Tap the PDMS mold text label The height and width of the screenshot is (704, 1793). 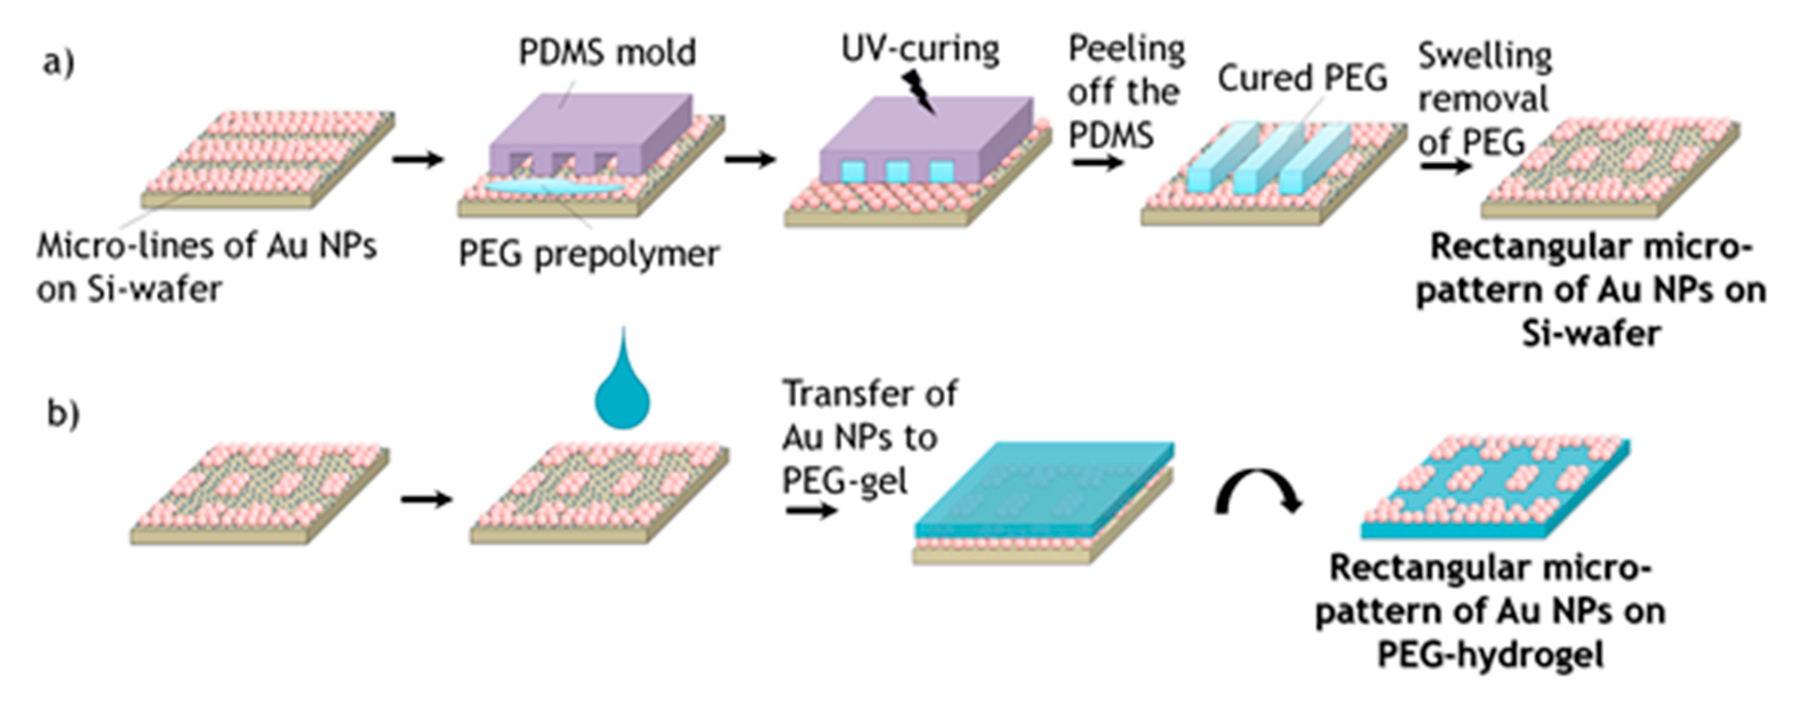[607, 52]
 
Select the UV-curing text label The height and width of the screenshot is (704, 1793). [920, 48]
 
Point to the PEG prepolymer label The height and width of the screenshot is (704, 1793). [588, 254]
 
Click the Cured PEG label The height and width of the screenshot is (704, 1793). [1301, 78]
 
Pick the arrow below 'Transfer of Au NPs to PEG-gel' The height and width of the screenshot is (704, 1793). [810, 512]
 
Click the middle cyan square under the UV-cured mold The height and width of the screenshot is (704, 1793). [897, 171]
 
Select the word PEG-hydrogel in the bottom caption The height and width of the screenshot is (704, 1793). [1490, 654]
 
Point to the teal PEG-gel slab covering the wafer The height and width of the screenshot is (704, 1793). [1044, 487]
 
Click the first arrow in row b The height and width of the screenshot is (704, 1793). [426, 499]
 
